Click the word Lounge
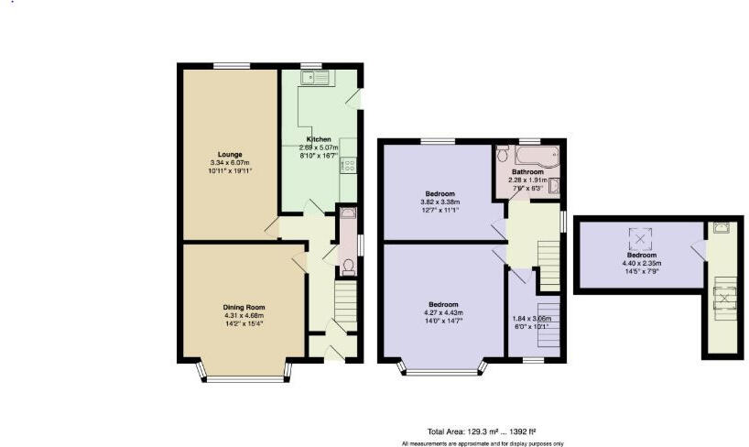pos(229,155)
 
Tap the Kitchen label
pos(319,139)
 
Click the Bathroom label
pos(527,171)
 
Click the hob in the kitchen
pos(348,166)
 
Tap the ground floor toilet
pos(348,267)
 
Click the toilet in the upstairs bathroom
pos(553,186)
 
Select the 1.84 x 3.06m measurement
pos(532,317)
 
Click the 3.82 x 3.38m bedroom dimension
pos(440,202)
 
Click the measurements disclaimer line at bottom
pos(482,443)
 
